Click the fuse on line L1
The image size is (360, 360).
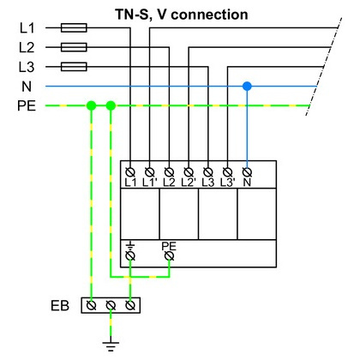(x=74, y=27)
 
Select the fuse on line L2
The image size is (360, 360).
(x=74, y=47)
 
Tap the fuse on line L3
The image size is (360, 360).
(x=74, y=67)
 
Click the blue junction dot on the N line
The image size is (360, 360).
(x=247, y=86)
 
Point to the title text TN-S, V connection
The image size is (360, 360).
(x=182, y=15)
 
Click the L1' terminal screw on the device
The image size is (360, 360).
(x=150, y=172)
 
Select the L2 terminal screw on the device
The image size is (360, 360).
(x=169, y=172)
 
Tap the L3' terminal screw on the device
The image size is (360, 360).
(x=227, y=172)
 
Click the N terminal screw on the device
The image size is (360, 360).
(x=247, y=172)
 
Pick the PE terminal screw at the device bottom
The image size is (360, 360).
(x=169, y=255)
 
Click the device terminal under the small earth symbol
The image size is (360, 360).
(x=130, y=255)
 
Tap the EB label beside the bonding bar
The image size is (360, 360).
(x=60, y=306)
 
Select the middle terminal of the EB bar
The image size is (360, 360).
(x=111, y=305)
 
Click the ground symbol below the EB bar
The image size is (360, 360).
(x=111, y=345)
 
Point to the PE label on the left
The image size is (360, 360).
(x=27, y=105)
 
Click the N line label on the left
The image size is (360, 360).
(x=27, y=87)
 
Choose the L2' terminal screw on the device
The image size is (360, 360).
(x=189, y=172)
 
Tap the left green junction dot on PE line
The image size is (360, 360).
(x=91, y=105)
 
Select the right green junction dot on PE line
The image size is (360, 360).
(x=111, y=105)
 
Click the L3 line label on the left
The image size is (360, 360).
(x=27, y=67)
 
